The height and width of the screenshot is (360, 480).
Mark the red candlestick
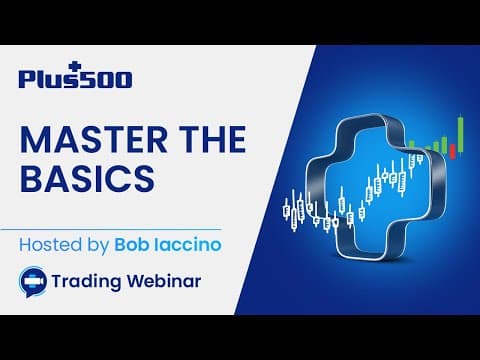[x=452, y=149]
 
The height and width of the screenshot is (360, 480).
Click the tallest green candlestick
[x=461, y=133]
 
